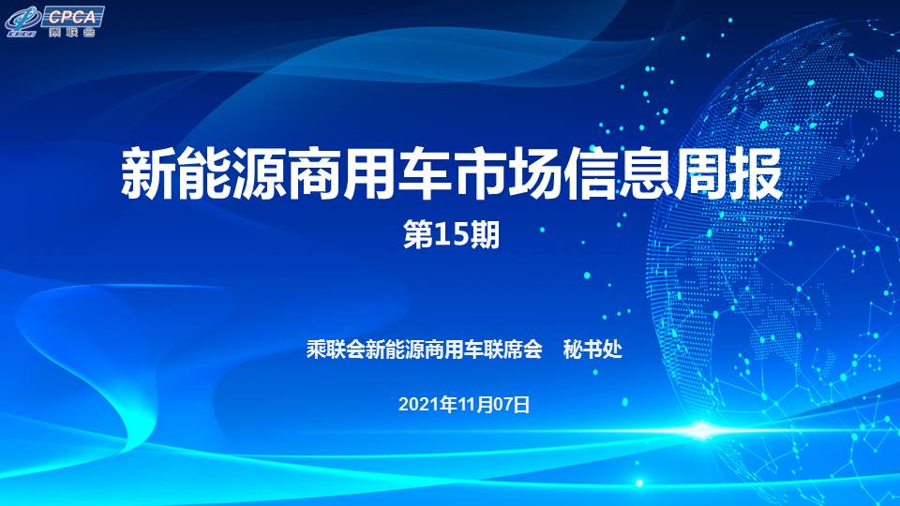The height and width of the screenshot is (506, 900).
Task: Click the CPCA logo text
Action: pyautogui.click(x=72, y=16)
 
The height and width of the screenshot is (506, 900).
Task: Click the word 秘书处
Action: pyautogui.click(x=592, y=349)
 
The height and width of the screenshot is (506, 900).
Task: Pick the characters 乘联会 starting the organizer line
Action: pyautogui.click(x=336, y=349)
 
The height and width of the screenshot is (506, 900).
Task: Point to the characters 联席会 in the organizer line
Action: pyautogui.click(x=513, y=349)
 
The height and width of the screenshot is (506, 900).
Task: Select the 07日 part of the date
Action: pyautogui.click(x=512, y=405)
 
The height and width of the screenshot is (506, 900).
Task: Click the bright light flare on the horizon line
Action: pyautogui.click(x=702, y=430)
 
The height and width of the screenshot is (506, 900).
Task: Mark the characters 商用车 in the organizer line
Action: pyautogui.click(x=454, y=349)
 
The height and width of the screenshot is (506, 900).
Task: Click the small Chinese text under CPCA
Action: pyautogui.click(x=72, y=32)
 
